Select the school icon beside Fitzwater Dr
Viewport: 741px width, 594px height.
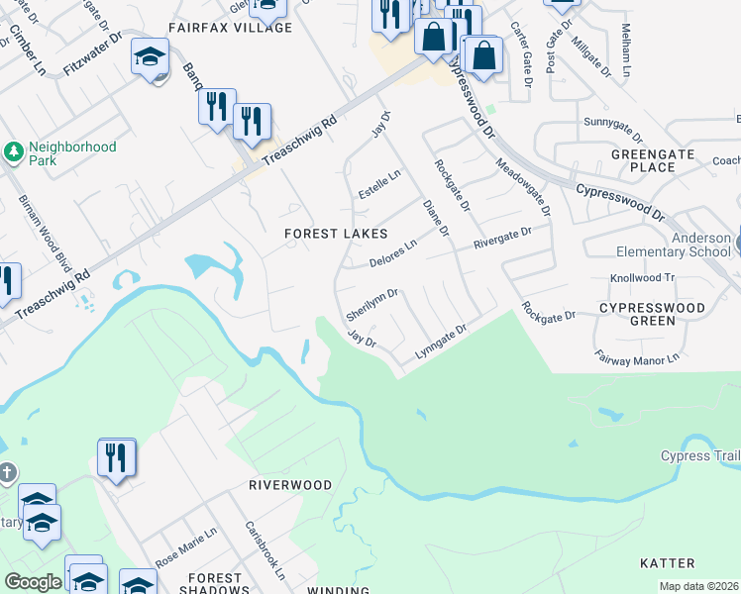pos(150,57)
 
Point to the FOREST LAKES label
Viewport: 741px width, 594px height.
pos(336,234)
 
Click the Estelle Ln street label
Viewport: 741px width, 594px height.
pos(379,184)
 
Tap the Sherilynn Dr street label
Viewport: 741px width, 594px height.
pos(372,304)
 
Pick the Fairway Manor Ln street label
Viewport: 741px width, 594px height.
pos(637,355)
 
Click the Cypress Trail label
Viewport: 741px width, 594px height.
pos(700,455)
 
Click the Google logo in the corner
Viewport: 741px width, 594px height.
pos(33,582)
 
